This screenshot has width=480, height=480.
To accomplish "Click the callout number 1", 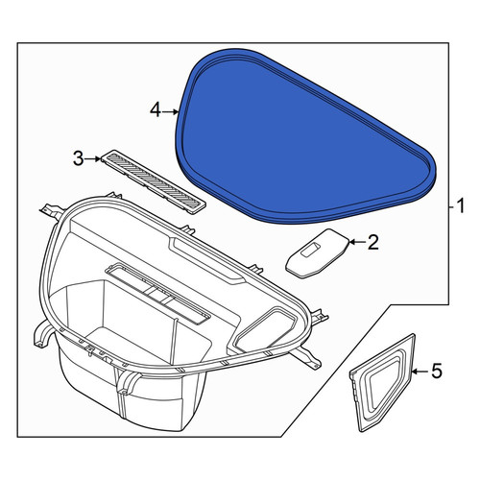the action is (x=460, y=206).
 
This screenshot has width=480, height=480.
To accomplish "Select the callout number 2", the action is (x=372, y=242).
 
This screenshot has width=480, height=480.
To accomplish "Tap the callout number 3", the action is (x=79, y=158).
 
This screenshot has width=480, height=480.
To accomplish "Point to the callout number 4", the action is (x=156, y=111).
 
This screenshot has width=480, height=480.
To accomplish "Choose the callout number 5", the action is (x=437, y=372).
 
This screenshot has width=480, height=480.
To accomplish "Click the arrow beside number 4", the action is (x=170, y=111).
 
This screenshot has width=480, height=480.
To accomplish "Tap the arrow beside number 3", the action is (x=93, y=158).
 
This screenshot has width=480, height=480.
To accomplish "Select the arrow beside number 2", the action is (x=357, y=242).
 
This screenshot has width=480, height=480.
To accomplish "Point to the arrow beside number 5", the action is (x=420, y=372).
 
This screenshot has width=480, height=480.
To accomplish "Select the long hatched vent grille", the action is (x=154, y=181).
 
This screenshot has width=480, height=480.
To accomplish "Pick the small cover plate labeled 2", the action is (x=317, y=252).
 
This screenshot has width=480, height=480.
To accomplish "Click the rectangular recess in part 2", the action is (x=311, y=249).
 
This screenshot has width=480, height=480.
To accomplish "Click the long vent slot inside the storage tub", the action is (x=157, y=293).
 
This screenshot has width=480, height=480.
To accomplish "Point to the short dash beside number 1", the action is (x=452, y=207).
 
